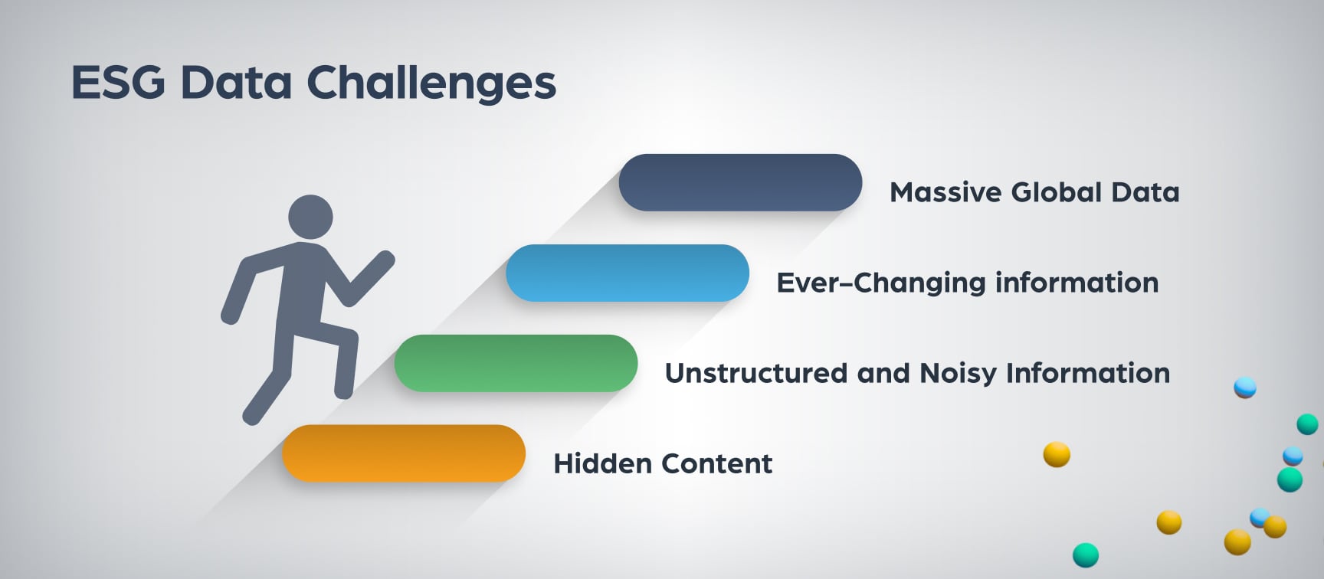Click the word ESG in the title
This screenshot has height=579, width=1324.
click(118, 82)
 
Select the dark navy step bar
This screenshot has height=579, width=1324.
click(740, 182)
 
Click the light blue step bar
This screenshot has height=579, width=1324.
click(628, 273)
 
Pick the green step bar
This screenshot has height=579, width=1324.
click(516, 363)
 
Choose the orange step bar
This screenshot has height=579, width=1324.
click(404, 453)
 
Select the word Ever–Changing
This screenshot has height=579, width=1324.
click(880, 283)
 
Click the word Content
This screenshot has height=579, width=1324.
click(717, 464)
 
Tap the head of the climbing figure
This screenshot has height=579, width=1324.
click(310, 217)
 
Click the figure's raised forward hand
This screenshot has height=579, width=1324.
click(383, 261)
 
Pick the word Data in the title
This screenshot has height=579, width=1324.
click(236, 83)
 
